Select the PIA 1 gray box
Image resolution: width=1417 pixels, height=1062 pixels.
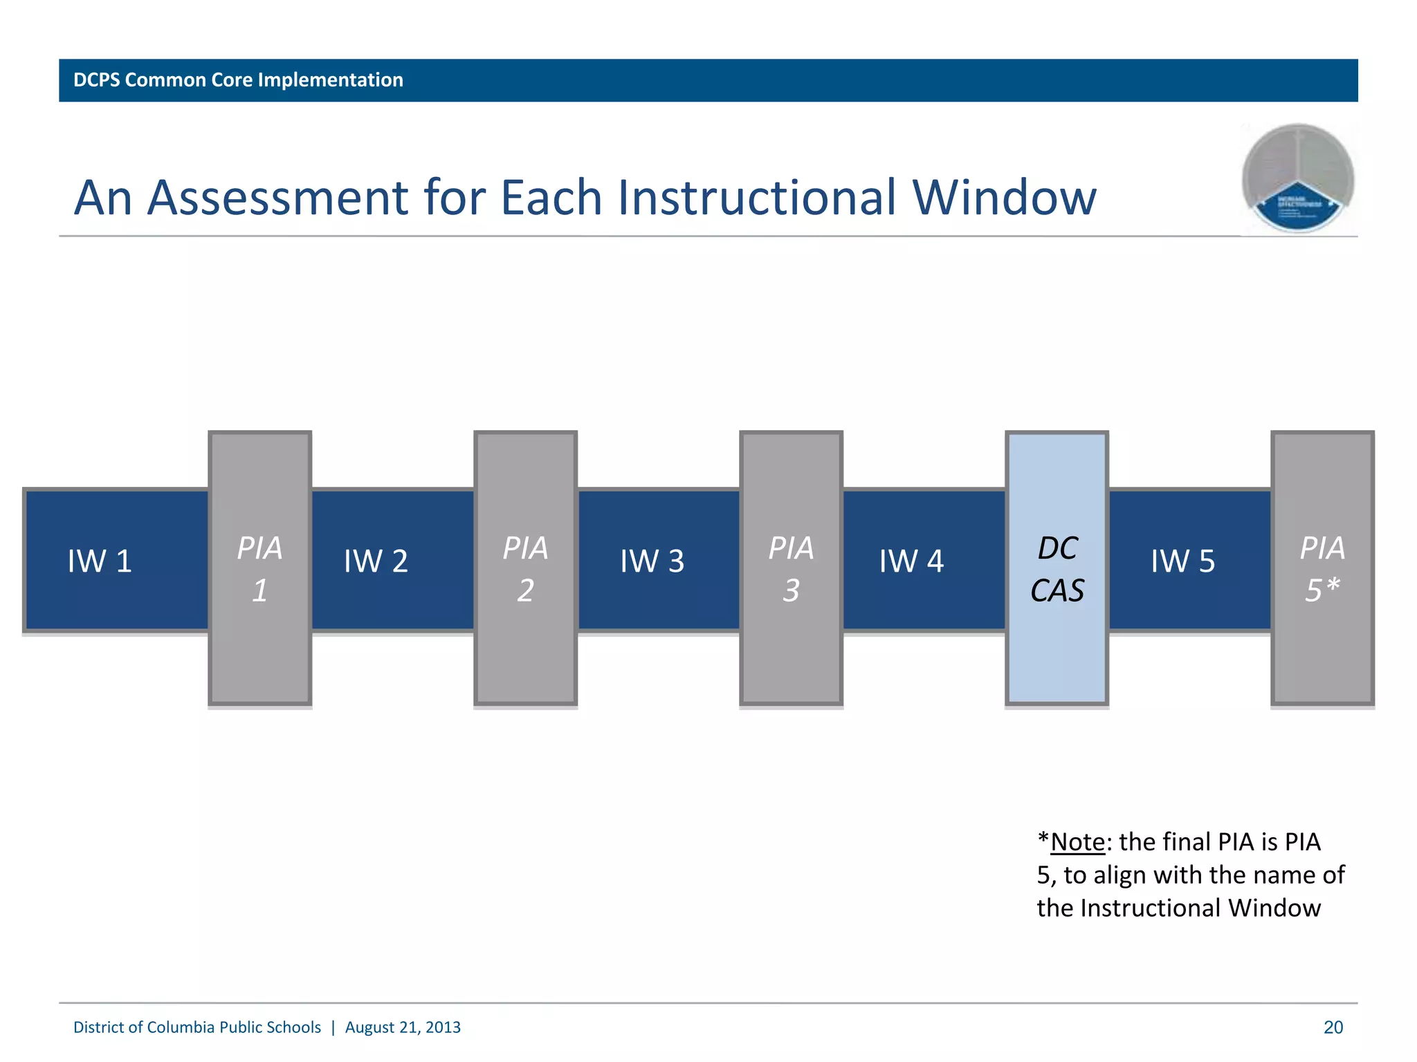[259, 568]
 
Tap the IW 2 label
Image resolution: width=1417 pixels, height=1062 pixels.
[376, 561]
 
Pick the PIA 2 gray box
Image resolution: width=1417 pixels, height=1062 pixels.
[525, 568]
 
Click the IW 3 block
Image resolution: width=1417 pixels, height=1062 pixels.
[652, 561]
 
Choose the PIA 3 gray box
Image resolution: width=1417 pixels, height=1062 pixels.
[791, 568]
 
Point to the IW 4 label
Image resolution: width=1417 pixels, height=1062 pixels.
[911, 561]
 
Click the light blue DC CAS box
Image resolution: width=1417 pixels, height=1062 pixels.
[1057, 568]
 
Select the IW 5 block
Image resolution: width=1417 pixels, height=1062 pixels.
[1182, 561]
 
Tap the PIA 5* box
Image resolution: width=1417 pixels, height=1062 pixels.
[1322, 568]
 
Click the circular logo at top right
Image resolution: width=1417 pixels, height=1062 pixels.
[1297, 178]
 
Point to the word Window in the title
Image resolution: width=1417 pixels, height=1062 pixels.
[1004, 198]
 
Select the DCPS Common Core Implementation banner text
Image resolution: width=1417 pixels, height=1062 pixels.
[238, 80]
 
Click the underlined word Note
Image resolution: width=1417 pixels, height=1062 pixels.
[1077, 842]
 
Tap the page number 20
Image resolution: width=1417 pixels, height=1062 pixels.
[1333, 1027]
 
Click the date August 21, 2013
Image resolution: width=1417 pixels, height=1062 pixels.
[403, 1027]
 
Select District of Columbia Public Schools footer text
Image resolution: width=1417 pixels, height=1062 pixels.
[197, 1027]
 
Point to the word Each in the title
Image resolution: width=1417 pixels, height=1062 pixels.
[551, 198]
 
